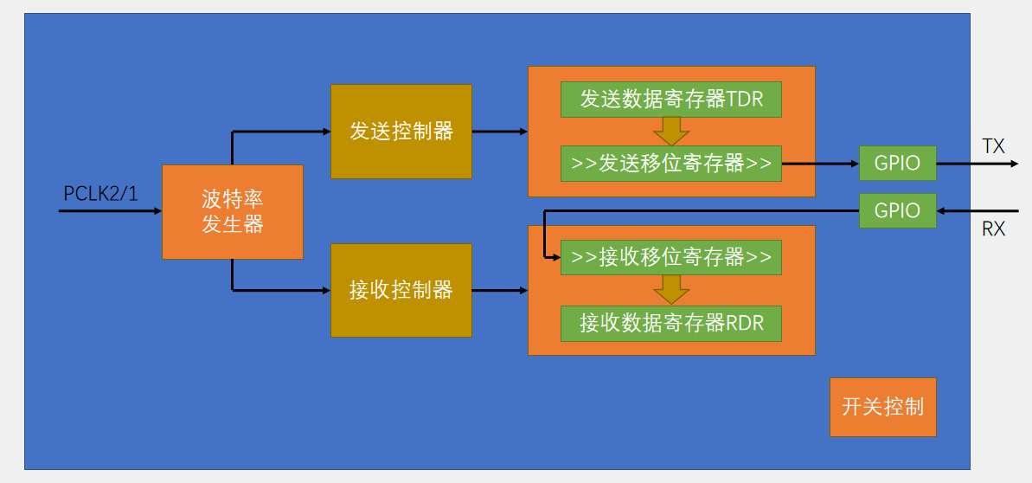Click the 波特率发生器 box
pyautogui.click(x=233, y=212)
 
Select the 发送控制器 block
pyautogui.click(x=401, y=132)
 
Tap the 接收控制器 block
pyautogui.click(x=401, y=290)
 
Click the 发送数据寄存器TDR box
pyautogui.click(x=671, y=100)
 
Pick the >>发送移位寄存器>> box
pyautogui.click(x=671, y=164)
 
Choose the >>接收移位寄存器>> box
pyautogui.click(x=671, y=257)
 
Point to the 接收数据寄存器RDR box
pyautogui.click(x=671, y=324)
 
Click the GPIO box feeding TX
pyautogui.click(x=898, y=163)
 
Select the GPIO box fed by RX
pyautogui.click(x=898, y=211)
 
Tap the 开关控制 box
pyautogui.click(x=883, y=407)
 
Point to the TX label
pyautogui.click(x=994, y=145)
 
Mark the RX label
pyautogui.click(x=994, y=229)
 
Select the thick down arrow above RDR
pyautogui.click(x=671, y=290)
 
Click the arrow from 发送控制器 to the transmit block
pyautogui.click(x=499, y=132)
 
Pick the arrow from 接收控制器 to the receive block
pyautogui.click(x=499, y=290)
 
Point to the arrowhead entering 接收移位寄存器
pyautogui.click(x=555, y=257)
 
